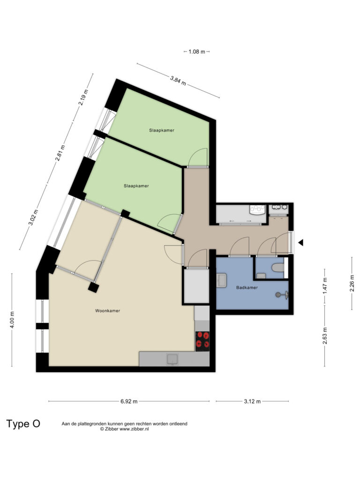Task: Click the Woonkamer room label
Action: click(107, 311)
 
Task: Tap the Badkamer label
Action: click(247, 288)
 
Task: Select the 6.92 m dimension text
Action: click(129, 401)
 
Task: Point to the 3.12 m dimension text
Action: click(252, 401)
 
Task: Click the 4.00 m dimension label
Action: click(12, 320)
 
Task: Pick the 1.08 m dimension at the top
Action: click(196, 52)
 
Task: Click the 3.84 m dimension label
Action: click(178, 81)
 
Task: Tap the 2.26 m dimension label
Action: click(352, 283)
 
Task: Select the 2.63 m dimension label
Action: click(325, 336)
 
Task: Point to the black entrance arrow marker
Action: click(300, 243)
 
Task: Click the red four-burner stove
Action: click(202, 341)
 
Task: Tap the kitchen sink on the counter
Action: click(173, 359)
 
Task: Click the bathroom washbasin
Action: click(221, 280)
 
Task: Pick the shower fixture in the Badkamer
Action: click(282, 295)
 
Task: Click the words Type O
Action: click(23, 424)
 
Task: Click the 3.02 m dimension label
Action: click(33, 217)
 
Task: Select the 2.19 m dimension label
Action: click(83, 97)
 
